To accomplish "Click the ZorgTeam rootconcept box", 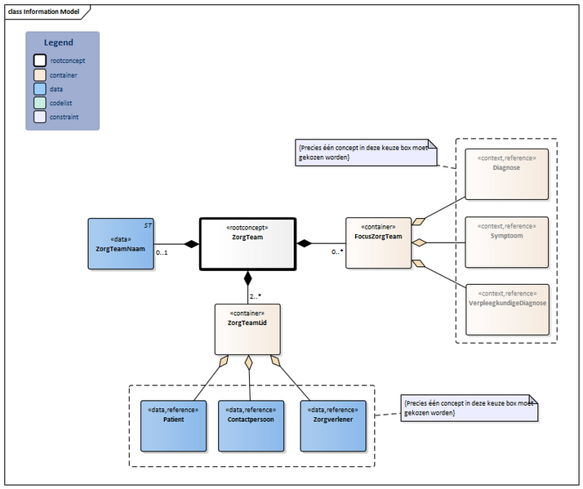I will (x=247, y=243).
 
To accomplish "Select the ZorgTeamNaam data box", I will (x=120, y=243).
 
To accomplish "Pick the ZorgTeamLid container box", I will (x=247, y=329).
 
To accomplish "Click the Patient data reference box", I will (x=173, y=425).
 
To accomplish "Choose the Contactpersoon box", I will (x=251, y=425).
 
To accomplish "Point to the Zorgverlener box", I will (x=332, y=425).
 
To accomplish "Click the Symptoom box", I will (x=506, y=242).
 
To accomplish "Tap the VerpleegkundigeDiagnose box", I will (x=506, y=309).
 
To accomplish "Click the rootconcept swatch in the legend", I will (x=40, y=60).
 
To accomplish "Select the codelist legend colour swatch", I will (x=40, y=103).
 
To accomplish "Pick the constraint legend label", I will (x=65, y=117).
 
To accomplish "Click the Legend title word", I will (x=59, y=42).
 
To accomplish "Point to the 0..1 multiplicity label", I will (x=162, y=253).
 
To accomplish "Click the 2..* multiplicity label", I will (x=256, y=296).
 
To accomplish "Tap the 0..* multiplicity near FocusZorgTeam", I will (x=336, y=252).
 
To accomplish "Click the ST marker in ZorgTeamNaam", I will (x=148, y=224).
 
